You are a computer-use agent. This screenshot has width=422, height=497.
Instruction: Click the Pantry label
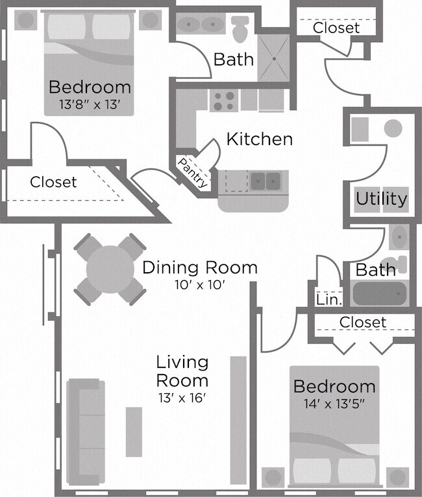pyautogui.click(x=193, y=173)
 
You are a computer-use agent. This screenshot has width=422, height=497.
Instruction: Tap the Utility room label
pyautogui.click(x=381, y=199)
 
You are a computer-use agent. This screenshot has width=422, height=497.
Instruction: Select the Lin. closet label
pyautogui.click(x=326, y=299)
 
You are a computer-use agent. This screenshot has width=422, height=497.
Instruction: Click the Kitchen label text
pyautogui.click(x=259, y=139)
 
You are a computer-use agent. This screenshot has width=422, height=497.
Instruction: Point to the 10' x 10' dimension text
pyautogui.click(x=199, y=284)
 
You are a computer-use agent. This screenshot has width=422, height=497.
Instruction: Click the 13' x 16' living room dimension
pyautogui.click(x=182, y=397)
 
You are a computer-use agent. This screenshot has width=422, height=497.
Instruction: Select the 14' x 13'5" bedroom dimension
pyautogui.click(x=334, y=404)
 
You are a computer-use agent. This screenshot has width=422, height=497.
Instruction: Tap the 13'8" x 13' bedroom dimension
pyautogui.click(x=90, y=104)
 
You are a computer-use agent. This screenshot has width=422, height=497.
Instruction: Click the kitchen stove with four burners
pyautogui.click(x=224, y=100)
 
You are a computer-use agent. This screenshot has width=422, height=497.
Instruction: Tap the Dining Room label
pyautogui.click(x=199, y=267)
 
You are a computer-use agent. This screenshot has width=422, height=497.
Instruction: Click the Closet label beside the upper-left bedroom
pyautogui.click(x=53, y=183)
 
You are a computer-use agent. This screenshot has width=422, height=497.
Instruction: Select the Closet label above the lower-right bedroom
pyautogui.click(x=363, y=322)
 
